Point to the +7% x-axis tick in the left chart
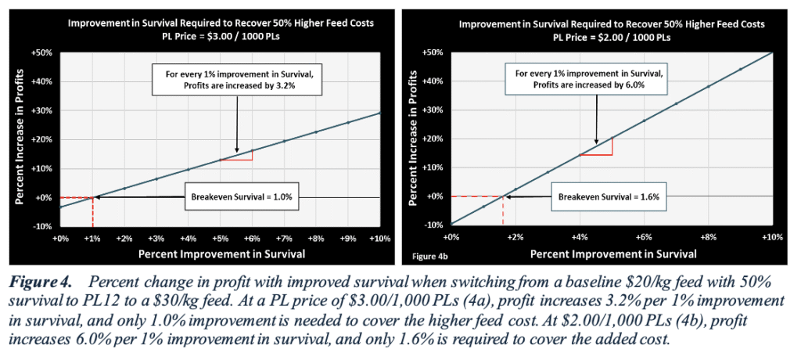coord(285,237)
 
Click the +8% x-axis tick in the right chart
coord(708,237)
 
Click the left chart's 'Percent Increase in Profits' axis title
coord(21,139)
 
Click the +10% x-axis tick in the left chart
coord(380,237)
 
